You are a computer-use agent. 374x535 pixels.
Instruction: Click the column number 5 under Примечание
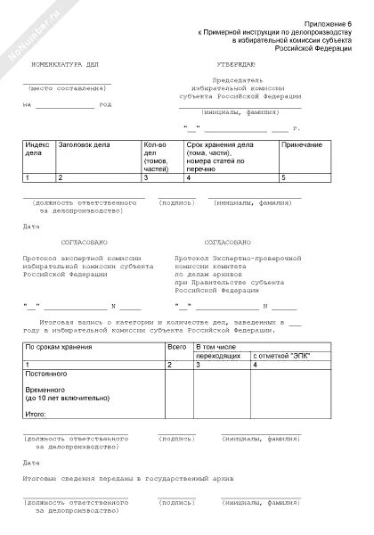[282, 178]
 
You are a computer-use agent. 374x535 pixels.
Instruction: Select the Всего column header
[176, 344]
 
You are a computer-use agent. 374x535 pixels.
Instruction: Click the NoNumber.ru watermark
[18, 36]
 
